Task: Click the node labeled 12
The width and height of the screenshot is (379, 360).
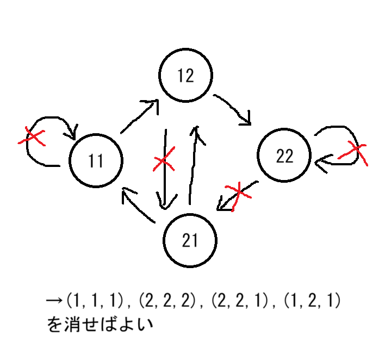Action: click(185, 76)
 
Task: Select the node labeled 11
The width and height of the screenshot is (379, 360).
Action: click(96, 160)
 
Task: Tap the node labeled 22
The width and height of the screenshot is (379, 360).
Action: click(284, 156)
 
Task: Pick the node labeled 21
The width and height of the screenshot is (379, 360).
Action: click(190, 240)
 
